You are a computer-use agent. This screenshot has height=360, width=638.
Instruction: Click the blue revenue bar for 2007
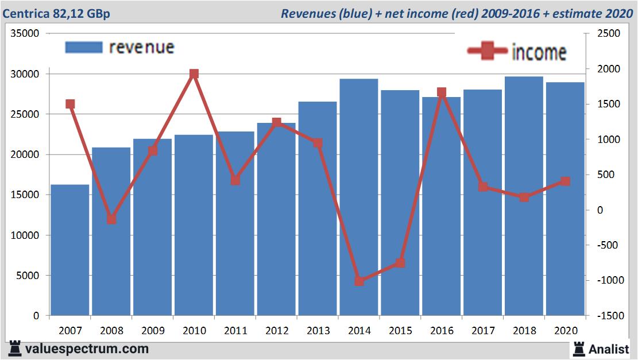click(70, 250)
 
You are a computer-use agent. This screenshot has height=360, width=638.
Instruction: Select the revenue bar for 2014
click(359, 197)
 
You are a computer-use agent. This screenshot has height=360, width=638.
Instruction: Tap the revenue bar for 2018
click(524, 196)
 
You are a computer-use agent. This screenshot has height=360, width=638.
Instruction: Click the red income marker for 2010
click(194, 74)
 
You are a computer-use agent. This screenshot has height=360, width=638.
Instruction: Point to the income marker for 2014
click(359, 281)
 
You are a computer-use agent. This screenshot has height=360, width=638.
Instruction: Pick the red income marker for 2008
click(111, 219)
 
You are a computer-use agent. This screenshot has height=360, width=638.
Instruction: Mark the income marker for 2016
click(442, 92)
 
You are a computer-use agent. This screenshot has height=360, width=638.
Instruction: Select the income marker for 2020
click(565, 181)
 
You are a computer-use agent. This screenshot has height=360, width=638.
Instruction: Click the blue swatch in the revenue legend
click(84, 47)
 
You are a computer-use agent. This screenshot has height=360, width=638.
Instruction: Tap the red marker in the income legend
click(487, 52)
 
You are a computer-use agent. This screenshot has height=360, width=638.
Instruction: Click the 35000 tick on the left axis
click(25, 34)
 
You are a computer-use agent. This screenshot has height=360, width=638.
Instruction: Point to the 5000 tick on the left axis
click(28, 276)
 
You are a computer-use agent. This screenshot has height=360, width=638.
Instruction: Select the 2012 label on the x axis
click(276, 331)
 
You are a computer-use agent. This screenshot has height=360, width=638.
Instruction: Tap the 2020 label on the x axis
click(565, 331)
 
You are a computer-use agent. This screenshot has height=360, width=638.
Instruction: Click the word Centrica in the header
click(26, 13)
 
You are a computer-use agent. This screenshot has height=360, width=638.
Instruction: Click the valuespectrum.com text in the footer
click(87, 349)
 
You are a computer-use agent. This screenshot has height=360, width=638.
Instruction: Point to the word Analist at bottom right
click(609, 349)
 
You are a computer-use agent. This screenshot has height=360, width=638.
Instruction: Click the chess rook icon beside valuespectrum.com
click(14, 349)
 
